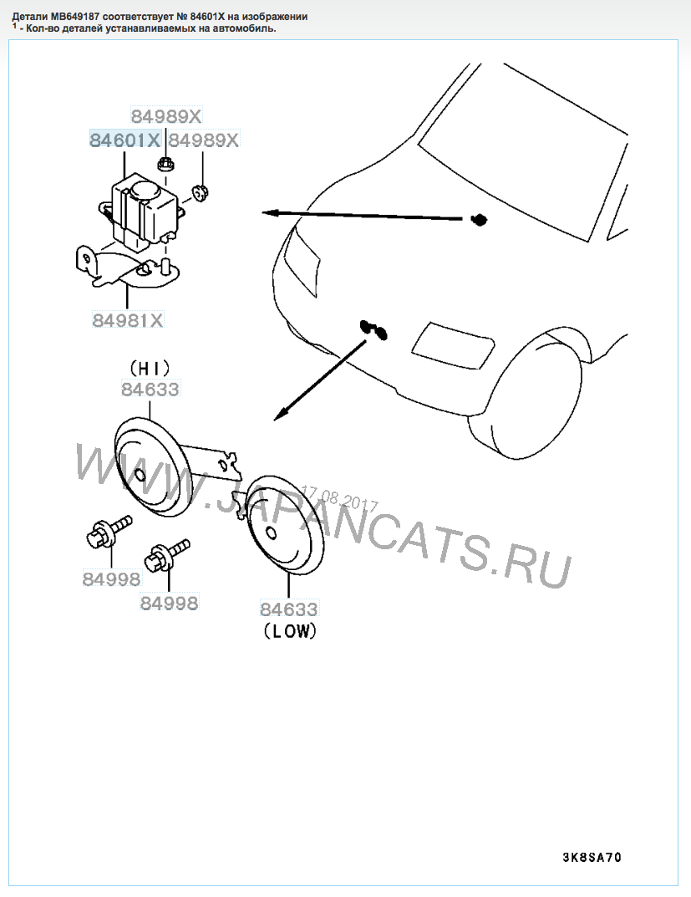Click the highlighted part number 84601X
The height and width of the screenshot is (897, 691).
(x=124, y=140)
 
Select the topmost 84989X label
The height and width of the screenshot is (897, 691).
(x=166, y=116)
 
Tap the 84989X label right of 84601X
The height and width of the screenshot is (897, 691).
(x=204, y=140)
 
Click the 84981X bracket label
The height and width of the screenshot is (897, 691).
(x=128, y=320)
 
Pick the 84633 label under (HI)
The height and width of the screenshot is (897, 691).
(x=150, y=389)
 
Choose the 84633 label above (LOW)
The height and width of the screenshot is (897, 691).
(x=288, y=609)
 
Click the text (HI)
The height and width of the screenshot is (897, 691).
(x=150, y=367)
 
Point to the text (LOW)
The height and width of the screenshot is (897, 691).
(x=290, y=631)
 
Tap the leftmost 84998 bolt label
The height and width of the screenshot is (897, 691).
(x=111, y=579)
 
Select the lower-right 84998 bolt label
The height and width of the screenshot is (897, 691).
(x=169, y=603)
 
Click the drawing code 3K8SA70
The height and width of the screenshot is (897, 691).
(x=592, y=857)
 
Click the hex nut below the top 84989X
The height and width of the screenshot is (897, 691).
(x=165, y=164)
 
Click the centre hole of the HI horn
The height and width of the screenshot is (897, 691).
(x=140, y=475)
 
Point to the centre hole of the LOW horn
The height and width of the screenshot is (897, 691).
(x=272, y=533)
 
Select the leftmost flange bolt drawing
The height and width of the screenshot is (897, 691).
(x=109, y=532)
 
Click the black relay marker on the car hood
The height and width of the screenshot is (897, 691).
(x=479, y=219)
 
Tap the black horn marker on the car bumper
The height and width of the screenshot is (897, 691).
(x=373, y=329)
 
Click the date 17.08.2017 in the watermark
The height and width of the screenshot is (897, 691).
(x=339, y=497)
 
